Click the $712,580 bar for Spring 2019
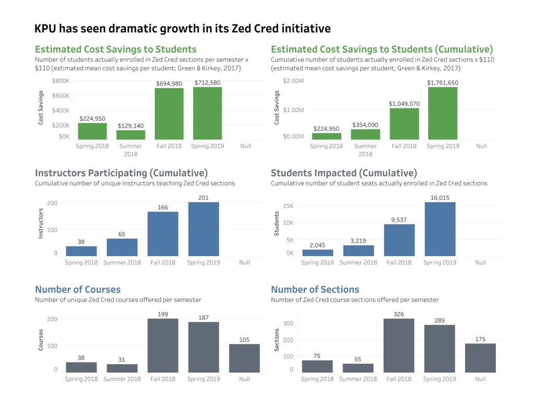click(x=208, y=113)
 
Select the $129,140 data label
click(x=131, y=126)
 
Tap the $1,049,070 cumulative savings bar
click(x=404, y=123)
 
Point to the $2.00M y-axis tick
click(x=294, y=81)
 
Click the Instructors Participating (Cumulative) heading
click(x=121, y=173)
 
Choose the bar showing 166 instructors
click(x=163, y=234)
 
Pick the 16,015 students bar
click(x=440, y=229)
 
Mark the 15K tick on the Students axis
click(x=288, y=206)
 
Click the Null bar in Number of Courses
click(x=245, y=358)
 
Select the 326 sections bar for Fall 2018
click(x=399, y=346)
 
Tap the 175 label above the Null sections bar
click(x=480, y=339)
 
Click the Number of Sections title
click(x=315, y=290)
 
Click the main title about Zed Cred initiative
click(x=183, y=28)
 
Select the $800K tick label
click(x=61, y=81)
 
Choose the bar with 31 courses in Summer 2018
click(x=122, y=368)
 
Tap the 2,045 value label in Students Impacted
click(x=318, y=245)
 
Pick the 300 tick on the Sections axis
click(x=288, y=323)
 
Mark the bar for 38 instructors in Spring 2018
click(x=81, y=251)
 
